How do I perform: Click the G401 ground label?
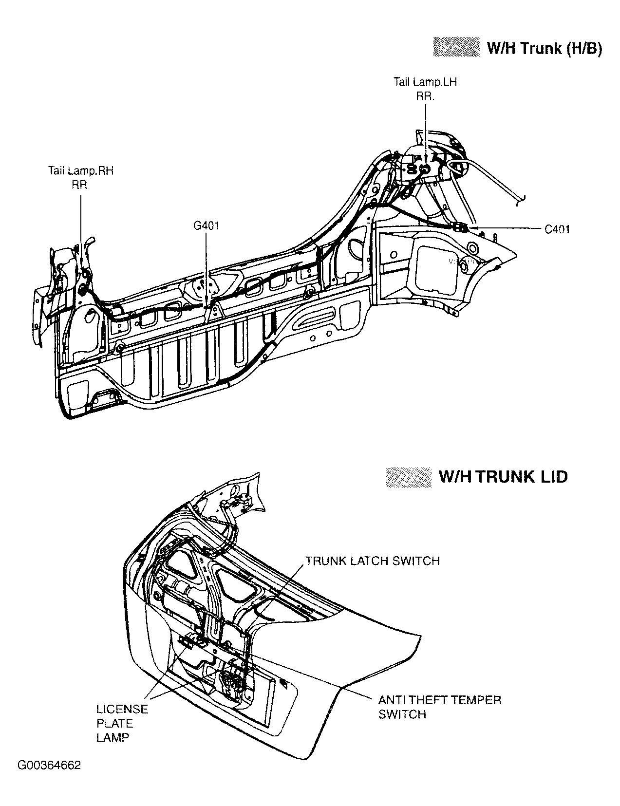[206, 225]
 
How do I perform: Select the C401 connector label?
[557, 229]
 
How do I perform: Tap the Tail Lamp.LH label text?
[425, 82]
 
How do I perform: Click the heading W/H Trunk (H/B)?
[544, 48]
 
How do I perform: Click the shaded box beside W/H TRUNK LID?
[408, 477]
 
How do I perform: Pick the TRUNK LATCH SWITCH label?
[372, 561]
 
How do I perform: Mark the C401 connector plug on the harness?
[460, 227]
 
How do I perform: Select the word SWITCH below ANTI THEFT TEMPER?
[402, 714]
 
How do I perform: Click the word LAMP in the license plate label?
[113, 737]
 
